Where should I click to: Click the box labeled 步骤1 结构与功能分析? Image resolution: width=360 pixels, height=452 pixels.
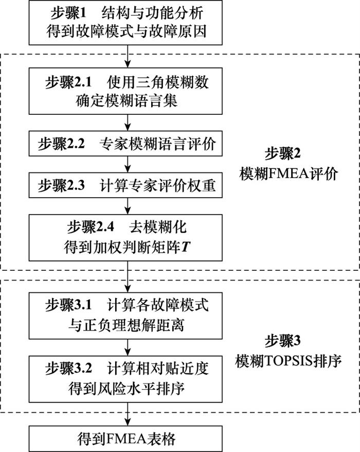click(127, 23)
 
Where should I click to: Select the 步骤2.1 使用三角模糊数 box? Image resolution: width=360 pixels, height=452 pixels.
click(127, 91)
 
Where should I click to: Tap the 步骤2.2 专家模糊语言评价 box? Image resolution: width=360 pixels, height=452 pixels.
click(127, 145)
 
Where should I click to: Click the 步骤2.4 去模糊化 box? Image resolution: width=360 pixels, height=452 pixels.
click(127, 237)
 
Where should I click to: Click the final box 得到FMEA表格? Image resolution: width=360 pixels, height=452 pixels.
click(127, 439)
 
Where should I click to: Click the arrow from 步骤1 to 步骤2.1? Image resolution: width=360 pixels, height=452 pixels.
click(127, 55)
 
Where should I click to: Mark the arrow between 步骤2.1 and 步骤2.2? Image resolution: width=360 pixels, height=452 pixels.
click(127, 123)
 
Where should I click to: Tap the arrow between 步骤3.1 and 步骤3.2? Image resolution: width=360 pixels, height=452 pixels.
click(127, 346)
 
